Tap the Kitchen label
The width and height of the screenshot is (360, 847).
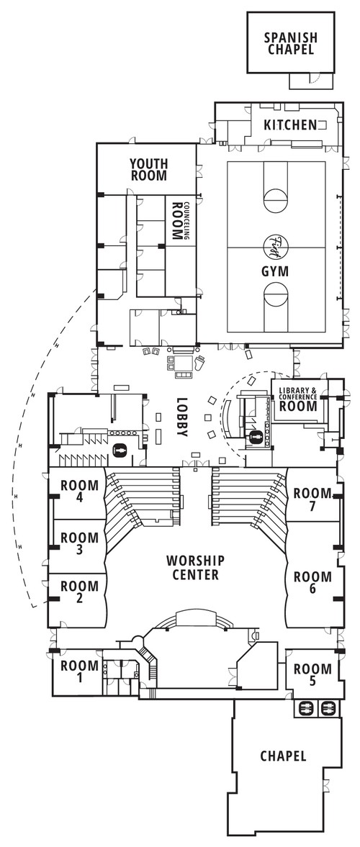pyautogui.click(x=289, y=125)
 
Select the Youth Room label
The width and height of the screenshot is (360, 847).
pyautogui.click(x=148, y=169)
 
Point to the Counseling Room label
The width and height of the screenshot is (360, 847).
pyautogui.click(x=178, y=221)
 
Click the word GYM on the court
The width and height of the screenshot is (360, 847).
pyautogui.click(x=275, y=271)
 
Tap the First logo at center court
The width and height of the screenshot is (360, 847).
pyautogui.click(x=276, y=246)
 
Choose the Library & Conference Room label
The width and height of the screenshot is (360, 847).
pyautogui.click(x=298, y=399)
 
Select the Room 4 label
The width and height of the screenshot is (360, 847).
pyautogui.click(x=79, y=491)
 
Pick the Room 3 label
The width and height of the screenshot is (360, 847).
pyautogui.click(x=79, y=543)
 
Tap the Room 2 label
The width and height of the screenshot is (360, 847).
pyautogui.click(x=79, y=592)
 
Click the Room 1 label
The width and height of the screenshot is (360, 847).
pyautogui.click(x=79, y=671)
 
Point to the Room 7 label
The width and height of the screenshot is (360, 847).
pyautogui.click(x=313, y=499)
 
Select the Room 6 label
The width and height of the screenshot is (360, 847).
pyautogui.click(x=313, y=581)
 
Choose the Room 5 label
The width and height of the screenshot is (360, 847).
pyautogui.click(x=313, y=675)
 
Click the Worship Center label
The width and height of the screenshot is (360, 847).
pyautogui.click(x=195, y=567)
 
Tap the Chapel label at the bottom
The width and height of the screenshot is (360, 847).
pyautogui.click(x=283, y=756)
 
